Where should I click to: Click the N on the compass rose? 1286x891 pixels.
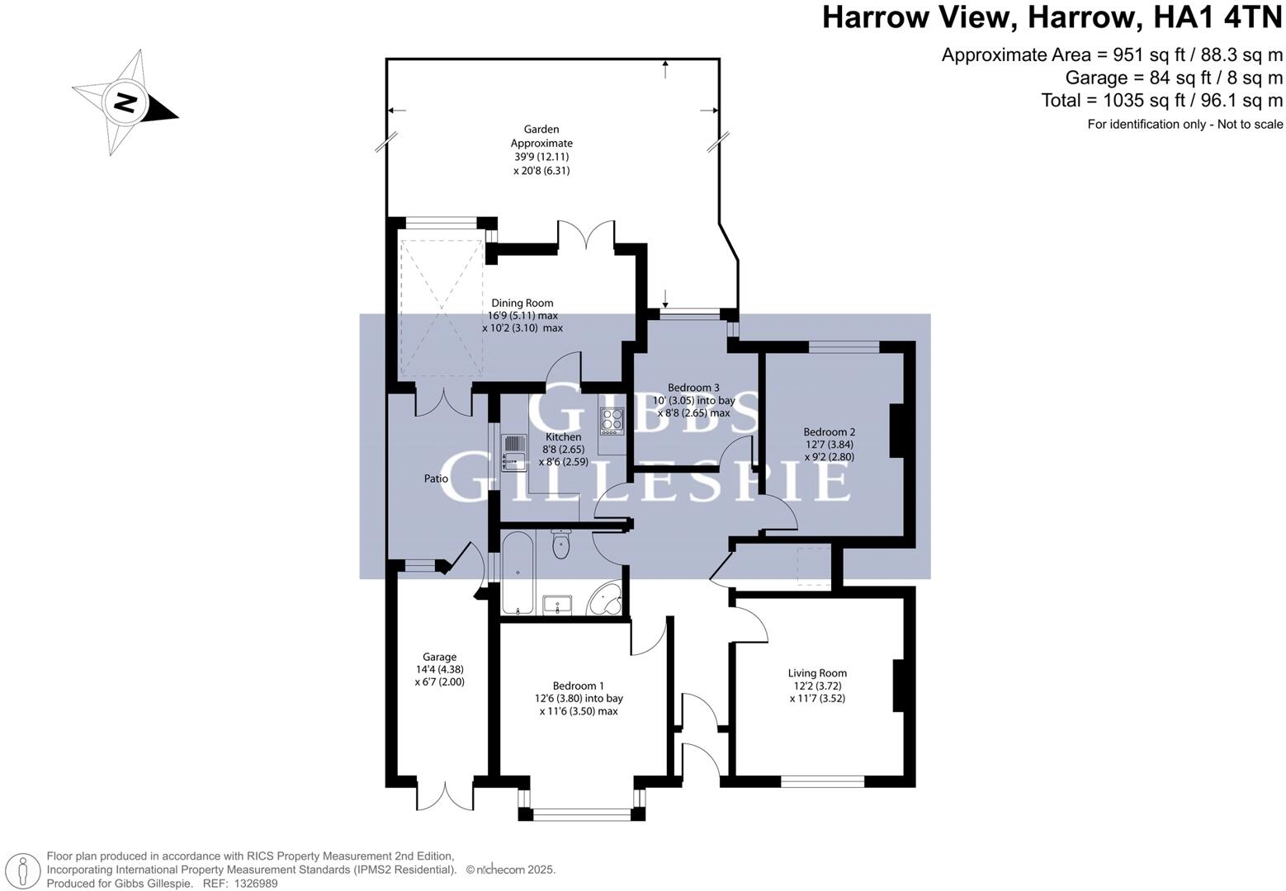pyautogui.click(x=125, y=102)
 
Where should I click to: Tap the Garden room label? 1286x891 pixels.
pyautogui.click(x=541, y=129)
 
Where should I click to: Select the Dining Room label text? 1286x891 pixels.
pyautogui.click(x=522, y=303)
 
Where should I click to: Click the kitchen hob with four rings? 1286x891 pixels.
pyautogui.click(x=612, y=420)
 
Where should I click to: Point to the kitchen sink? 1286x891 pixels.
pyautogui.click(x=514, y=453)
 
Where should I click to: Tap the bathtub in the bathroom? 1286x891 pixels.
pyautogui.click(x=518, y=573)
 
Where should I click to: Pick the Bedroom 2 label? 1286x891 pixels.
pyautogui.click(x=829, y=432)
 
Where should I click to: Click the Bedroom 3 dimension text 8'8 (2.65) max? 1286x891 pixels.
pyautogui.click(x=693, y=413)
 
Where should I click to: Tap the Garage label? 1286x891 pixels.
pyautogui.click(x=439, y=657)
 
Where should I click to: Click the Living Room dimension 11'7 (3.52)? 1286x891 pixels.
pyautogui.click(x=817, y=698)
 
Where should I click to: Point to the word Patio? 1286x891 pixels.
pyautogui.click(x=436, y=478)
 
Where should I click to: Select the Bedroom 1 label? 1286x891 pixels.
pyautogui.click(x=578, y=686)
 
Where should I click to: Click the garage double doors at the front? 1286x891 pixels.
pyautogui.click(x=445, y=794)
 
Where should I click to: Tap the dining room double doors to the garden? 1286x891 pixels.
pyautogui.click(x=586, y=235)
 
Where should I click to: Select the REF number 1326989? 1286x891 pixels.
pyautogui.click(x=256, y=884)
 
